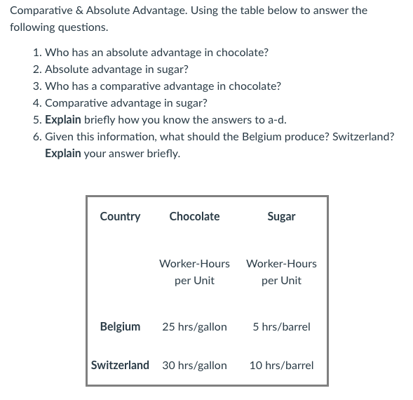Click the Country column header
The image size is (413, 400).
click(120, 216)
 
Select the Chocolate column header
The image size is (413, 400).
click(194, 216)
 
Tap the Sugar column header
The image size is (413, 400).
click(281, 216)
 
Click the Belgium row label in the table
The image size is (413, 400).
click(120, 326)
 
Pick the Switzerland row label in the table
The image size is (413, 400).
click(120, 365)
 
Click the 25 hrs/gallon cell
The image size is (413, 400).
click(194, 327)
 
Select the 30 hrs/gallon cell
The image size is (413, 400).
click(194, 365)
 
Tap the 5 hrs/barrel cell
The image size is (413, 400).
click(281, 327)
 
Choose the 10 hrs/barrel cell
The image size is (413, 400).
click(281, 365)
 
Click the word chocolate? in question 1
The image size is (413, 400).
click(243, 53)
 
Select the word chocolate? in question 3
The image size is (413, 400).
click(257, 86)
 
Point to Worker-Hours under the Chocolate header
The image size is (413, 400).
click(194, 264)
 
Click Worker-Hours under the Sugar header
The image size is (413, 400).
click(281, 264)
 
